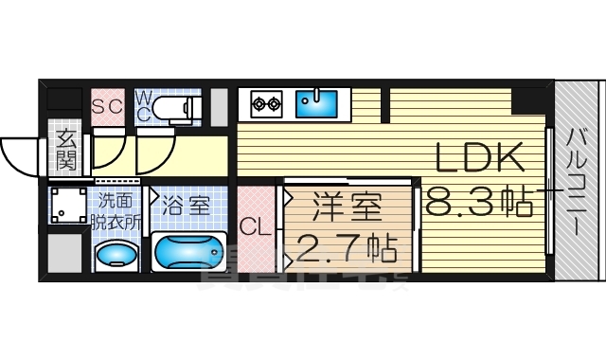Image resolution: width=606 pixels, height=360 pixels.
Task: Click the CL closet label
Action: point(252,228)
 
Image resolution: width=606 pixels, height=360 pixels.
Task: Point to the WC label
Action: point(143,105)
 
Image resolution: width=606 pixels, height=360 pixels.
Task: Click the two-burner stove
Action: point(266,102)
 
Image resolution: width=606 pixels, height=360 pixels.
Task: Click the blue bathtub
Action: point(189,254)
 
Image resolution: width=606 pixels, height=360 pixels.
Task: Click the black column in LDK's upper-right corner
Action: point(526,99)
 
